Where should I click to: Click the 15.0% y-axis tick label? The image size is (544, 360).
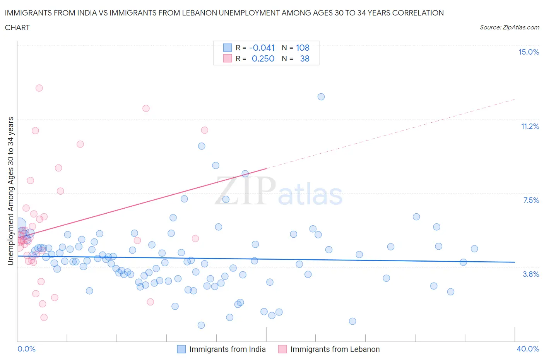pyautogui.click(x=529, y=52)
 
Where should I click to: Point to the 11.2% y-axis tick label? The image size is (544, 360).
pyautogui.click(x=530, y=126)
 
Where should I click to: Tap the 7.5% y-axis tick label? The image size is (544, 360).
pyautogui.click(x=531, y=200)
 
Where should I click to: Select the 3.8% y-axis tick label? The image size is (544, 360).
pyautogui.click(x=531, y=274)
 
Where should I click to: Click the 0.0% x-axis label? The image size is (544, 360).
pyautogui.click(x=26, y=349)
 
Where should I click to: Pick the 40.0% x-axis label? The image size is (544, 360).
pyautogui.click(x=528, y=349)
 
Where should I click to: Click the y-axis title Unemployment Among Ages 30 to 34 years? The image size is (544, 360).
pyautogui.click(x=10, y=191)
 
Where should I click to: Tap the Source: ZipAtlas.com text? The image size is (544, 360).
pyautogui.click(x=509, y=27)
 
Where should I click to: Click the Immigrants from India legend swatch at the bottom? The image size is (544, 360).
pyautogui.click(x=181, y=349)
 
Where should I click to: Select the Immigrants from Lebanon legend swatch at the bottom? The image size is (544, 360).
pyautogui.click(x=282, y=349)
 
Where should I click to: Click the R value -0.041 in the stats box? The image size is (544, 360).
pyautogui.click(x=262, y=48)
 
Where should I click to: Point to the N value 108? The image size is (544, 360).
pyautogui.click(x=303, y=48)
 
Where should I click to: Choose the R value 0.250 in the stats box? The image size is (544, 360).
pyautogui.click(x=263, y=58)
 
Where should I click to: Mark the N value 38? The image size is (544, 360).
pyautogui.click(x=305, y=58)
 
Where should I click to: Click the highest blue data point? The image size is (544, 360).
pyautogui.click(x=321, y=97)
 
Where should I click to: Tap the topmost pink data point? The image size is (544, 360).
pyautogui.click(x=39, y=88)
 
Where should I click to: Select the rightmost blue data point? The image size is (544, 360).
pyautogui.click(x=474, y=249)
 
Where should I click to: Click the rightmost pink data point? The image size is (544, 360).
pyautogui.click(x=205, y=130)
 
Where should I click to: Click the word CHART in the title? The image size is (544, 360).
pyautogui.click(x=17, y=27)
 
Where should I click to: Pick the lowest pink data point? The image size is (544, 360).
pyautogui.click(x=44, y=317)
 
